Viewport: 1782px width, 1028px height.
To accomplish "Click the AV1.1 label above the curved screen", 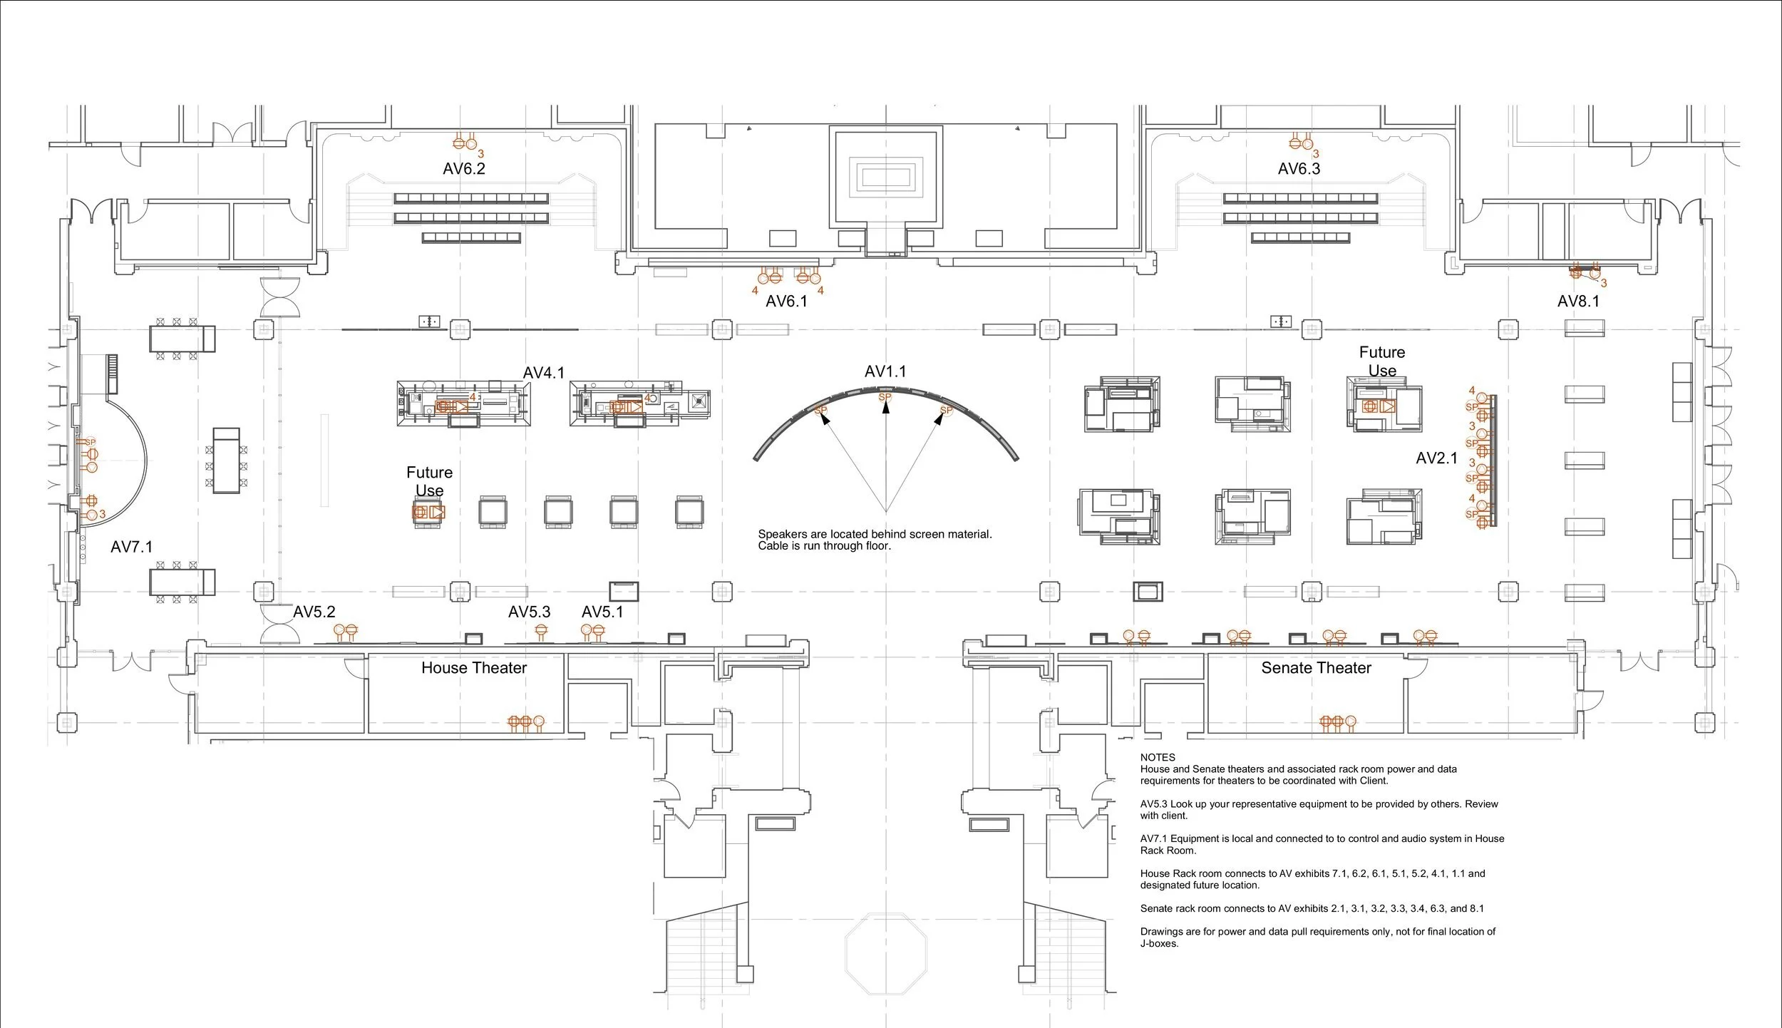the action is click(885, 371).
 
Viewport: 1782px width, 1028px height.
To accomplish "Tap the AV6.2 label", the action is click(464, 169).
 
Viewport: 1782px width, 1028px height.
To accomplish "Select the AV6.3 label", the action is click(1299, 169).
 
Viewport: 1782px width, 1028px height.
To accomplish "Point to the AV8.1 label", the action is click(1578, 302).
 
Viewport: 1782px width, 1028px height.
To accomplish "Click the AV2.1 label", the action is click(1436, 458).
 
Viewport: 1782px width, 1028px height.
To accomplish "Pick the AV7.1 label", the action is click(132, 547).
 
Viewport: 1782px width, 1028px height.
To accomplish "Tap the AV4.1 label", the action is click(544, 373).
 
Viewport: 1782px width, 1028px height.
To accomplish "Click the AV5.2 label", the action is click(314, 612).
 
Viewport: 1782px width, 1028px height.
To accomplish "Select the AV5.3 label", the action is click(530, 612).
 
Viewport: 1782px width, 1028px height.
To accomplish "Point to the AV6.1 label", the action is click(787, 302).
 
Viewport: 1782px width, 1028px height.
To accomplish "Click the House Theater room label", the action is click(474, 668).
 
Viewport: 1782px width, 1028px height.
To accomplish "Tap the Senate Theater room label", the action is click(1316, 668).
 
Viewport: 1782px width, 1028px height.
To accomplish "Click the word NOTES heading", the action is click(1158, 757).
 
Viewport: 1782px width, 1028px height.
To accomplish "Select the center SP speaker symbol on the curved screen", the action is click(885, 398).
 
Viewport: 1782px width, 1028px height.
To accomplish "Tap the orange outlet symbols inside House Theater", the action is click(526, 722).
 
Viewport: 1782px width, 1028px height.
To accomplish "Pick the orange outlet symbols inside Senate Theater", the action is click(1338, 722).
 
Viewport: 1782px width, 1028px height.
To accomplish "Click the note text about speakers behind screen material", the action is click(875, 540).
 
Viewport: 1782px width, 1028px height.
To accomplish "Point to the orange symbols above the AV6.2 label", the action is click(465, 143).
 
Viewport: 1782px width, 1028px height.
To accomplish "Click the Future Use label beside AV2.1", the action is click(1382, 361).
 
